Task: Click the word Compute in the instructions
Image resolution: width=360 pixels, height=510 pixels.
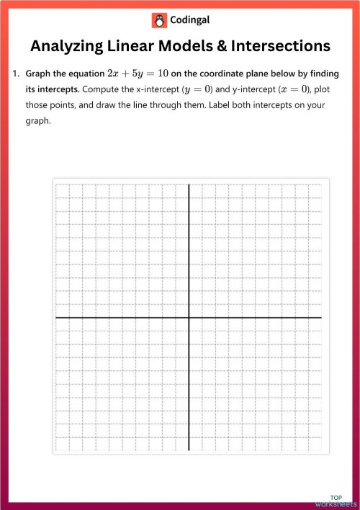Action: click(101, 90)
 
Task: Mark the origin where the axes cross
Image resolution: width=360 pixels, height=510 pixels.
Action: click(189, 317)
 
